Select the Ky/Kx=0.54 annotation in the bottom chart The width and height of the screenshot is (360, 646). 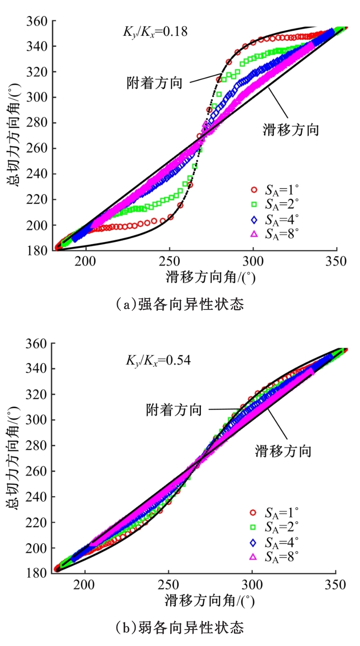158,360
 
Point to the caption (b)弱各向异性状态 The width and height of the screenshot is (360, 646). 180,627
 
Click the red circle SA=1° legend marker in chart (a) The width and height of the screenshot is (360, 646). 254,190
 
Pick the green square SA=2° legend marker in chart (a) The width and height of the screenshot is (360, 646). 254,204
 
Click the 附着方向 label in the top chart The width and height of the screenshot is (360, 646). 155,83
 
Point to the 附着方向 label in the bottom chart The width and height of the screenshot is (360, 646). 174,409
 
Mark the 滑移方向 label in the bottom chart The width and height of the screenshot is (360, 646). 283,452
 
